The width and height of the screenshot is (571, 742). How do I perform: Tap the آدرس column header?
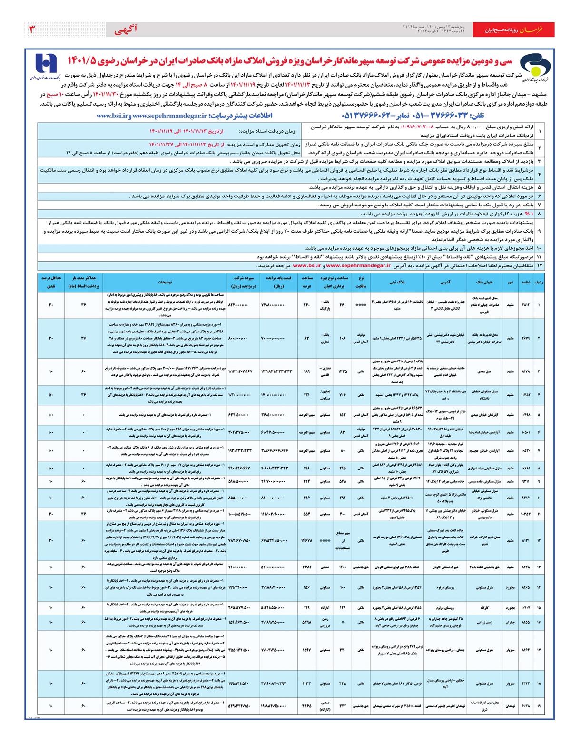pos(445,282)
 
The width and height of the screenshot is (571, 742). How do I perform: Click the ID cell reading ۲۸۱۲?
pos(525,305)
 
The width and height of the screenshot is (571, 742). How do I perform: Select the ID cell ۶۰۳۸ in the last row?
pos(525,706)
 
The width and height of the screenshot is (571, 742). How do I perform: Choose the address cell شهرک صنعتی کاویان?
pos(445,567)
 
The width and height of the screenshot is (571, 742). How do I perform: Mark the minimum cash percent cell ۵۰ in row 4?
pos(50,395)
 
